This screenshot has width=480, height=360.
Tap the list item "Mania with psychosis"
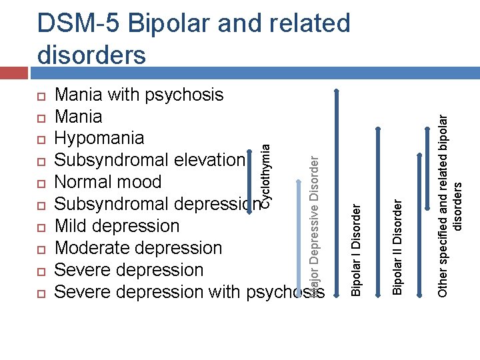(x=139, y=95)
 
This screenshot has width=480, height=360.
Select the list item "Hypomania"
(x=99, y=138)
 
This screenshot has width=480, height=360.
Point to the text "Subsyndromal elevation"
(x=150, y=160)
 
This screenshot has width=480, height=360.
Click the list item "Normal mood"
(x=107, y=182)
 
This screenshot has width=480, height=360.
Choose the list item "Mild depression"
(x=117, y=226)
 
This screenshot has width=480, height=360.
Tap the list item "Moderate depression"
(x=138, y=248)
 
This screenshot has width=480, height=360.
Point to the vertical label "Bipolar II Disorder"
(x=397, y=247)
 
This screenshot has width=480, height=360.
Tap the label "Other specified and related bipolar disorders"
(x=449, y=200)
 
